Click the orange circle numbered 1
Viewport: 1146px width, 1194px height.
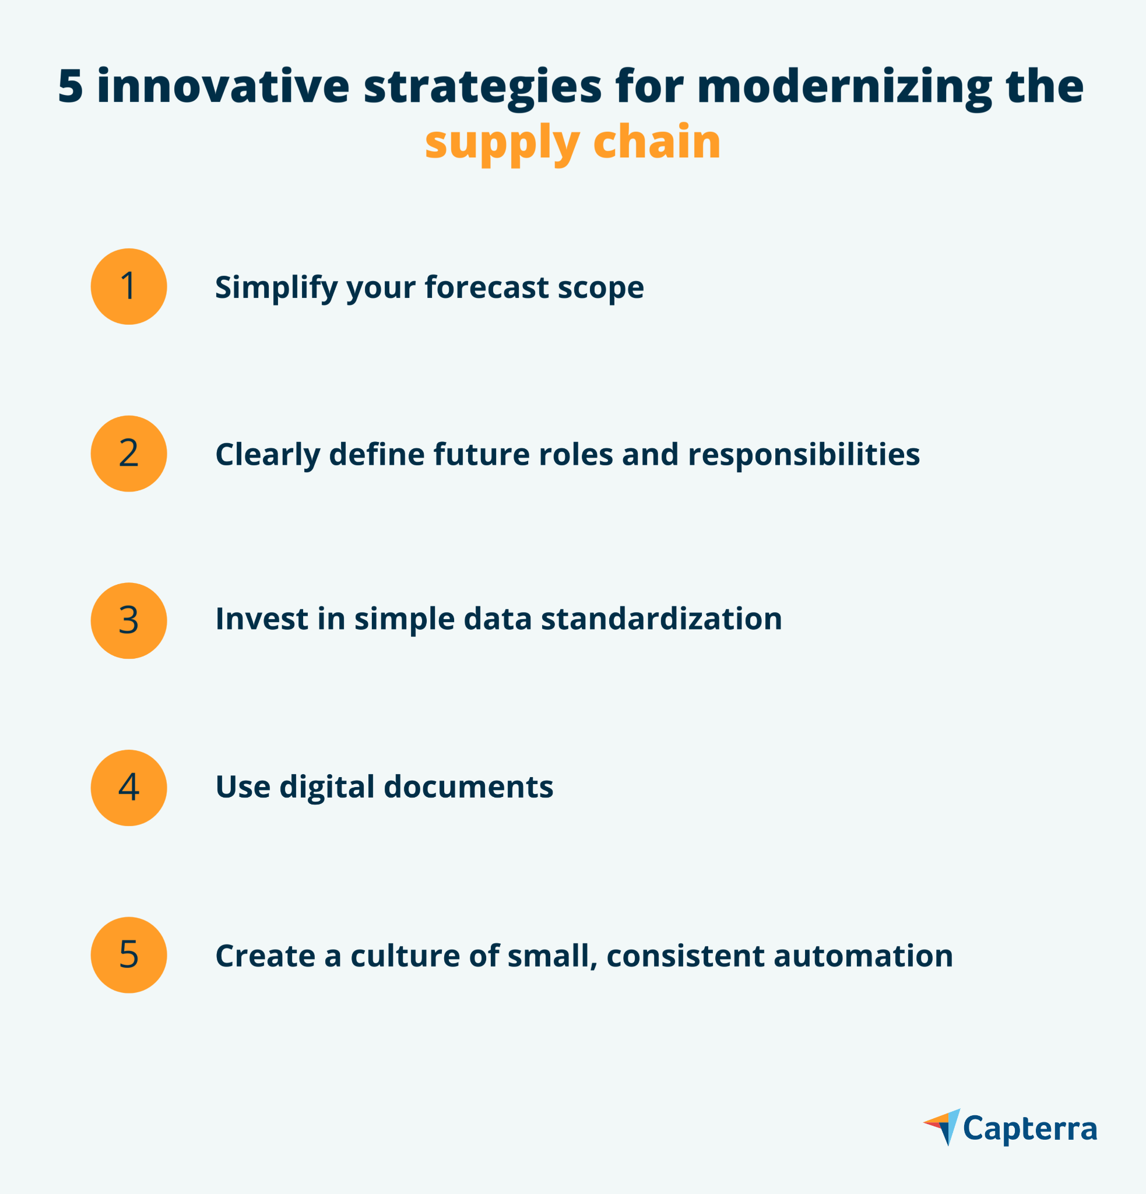point(128,286)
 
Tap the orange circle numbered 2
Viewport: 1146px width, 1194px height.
point(128,453)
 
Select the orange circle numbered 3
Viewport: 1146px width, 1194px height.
point(128,621)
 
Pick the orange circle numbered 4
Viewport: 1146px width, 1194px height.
point(128,788)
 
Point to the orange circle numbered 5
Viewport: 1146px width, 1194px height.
point(128,954)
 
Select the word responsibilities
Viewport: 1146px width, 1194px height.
point(804,455)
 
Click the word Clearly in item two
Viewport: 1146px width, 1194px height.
point(268,455)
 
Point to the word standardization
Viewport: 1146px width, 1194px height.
point(661,619)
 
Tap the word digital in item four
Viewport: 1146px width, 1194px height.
point(327,788)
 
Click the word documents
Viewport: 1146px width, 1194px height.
point(468,786)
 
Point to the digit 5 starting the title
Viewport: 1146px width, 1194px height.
point(70,86)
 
